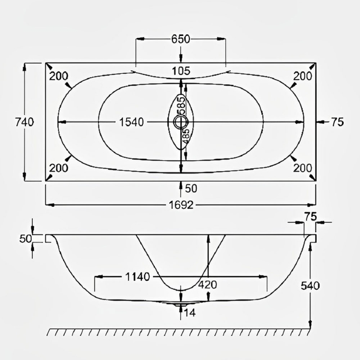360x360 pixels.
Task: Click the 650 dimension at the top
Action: pos(181,39)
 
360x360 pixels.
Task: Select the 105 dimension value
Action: pos(181,71)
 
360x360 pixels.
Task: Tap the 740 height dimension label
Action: pos(24,122)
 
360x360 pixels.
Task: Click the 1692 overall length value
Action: pos(181,205)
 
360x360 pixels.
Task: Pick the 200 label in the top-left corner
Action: pos(58,76)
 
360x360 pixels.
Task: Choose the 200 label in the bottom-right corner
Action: pos(302,168)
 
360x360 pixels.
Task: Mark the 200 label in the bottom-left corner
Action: pos(58,168)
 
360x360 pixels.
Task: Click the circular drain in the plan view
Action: pos(181,121)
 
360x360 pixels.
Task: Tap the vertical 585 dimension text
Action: pos(181,105)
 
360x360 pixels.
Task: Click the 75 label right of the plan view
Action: pos(337,122)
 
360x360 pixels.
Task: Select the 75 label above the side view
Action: pos(310,216)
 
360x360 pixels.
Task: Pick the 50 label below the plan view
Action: pos(191,188)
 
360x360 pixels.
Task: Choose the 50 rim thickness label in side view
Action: pos(24,238)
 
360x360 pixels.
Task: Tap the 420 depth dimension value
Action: pos(208,285)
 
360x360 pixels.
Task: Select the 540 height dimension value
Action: pos(310,286)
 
